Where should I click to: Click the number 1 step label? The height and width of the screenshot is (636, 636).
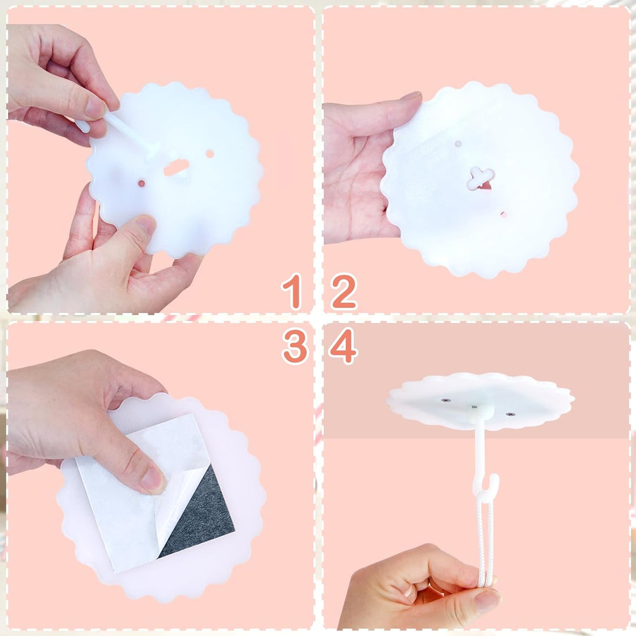tap(293, 291)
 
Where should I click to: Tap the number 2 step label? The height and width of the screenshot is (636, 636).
tap(344, 291)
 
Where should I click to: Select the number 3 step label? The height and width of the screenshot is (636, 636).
tap(295, 346)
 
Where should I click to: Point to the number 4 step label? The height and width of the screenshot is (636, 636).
tap(343, 346)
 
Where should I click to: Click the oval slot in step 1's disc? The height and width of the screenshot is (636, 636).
tap(177, 167)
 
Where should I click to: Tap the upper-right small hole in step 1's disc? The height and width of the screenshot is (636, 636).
tap(210, 154)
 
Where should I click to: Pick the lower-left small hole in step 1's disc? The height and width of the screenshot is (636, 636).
tap(141, 184)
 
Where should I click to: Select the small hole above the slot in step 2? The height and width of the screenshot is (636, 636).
tap(458, 144)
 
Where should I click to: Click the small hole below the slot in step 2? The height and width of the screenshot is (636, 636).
tap(503, 214)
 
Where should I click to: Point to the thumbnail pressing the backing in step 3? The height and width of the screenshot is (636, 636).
tap(152, 479)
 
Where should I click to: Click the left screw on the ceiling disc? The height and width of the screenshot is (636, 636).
tap(446, 400)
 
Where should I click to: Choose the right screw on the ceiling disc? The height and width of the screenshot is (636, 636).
tap(510, 415)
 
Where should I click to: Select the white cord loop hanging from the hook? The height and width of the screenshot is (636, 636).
tap(486, 539)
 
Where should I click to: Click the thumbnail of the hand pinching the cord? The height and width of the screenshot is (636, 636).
tap(487, 600)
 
